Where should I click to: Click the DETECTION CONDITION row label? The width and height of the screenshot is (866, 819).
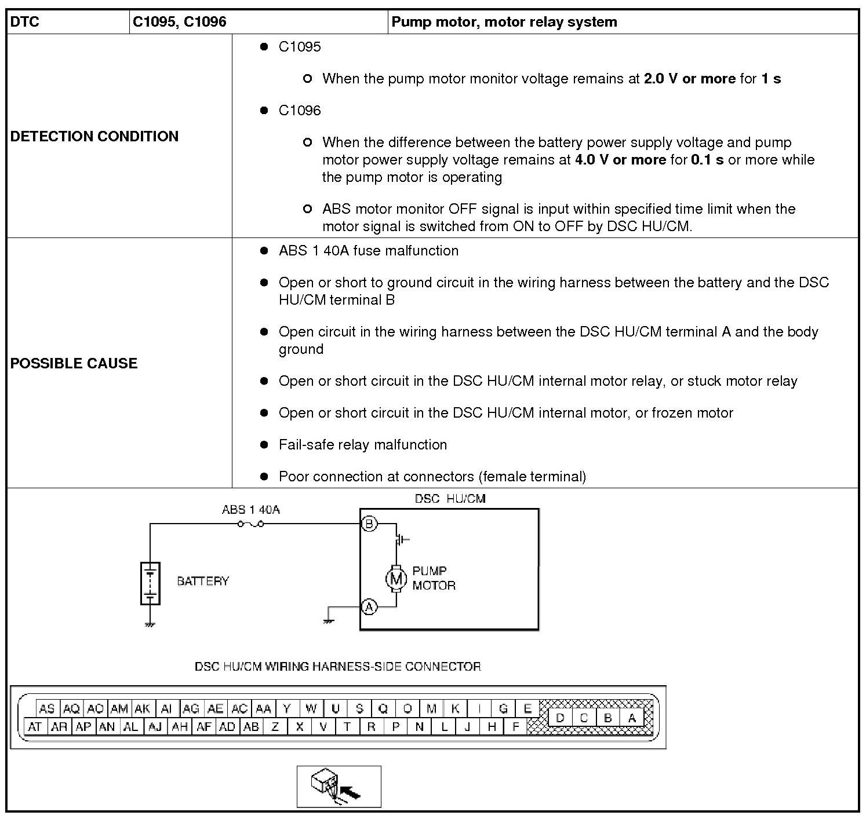tap(94, 136)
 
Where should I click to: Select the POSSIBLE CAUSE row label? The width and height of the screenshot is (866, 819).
tap(74, 363)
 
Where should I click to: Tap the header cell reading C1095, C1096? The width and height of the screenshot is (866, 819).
tap(180, 22)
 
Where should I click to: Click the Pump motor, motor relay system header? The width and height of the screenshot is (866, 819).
tap(504, 22)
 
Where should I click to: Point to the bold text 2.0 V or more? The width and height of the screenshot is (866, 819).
tap(689, 79)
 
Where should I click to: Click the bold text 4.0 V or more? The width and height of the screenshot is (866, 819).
tap(620, 160)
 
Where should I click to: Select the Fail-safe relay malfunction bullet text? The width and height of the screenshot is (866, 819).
tap(363, 445)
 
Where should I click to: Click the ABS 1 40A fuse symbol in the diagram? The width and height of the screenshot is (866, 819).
tap(250, 524)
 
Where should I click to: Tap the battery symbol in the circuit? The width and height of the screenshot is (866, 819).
tap(150, 583)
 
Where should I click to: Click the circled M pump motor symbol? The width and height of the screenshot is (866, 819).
tap(396, 578)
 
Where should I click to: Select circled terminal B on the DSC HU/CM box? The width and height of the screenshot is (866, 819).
tap(369, 524)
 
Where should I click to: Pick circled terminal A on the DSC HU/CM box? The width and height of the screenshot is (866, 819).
tap(369, 607)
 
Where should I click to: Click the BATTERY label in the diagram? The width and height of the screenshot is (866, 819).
tap(203, 581)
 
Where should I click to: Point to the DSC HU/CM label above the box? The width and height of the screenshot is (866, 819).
tap(450, 499)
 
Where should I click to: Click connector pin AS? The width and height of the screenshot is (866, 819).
tap(47, 708)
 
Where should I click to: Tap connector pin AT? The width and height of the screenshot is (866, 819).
tap(35, 727)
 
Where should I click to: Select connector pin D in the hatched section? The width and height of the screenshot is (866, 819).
tap(560, 718)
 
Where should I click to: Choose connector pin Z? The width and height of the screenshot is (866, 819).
tap(275, 727)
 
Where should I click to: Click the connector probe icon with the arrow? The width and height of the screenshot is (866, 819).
tap(339, 787)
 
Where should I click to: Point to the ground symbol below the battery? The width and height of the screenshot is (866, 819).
tap(150, 624)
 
